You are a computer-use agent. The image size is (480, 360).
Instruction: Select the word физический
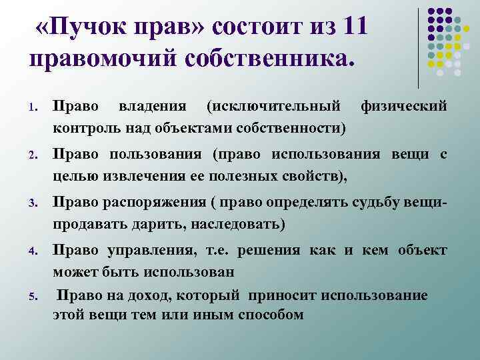click(x=403, y=107)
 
